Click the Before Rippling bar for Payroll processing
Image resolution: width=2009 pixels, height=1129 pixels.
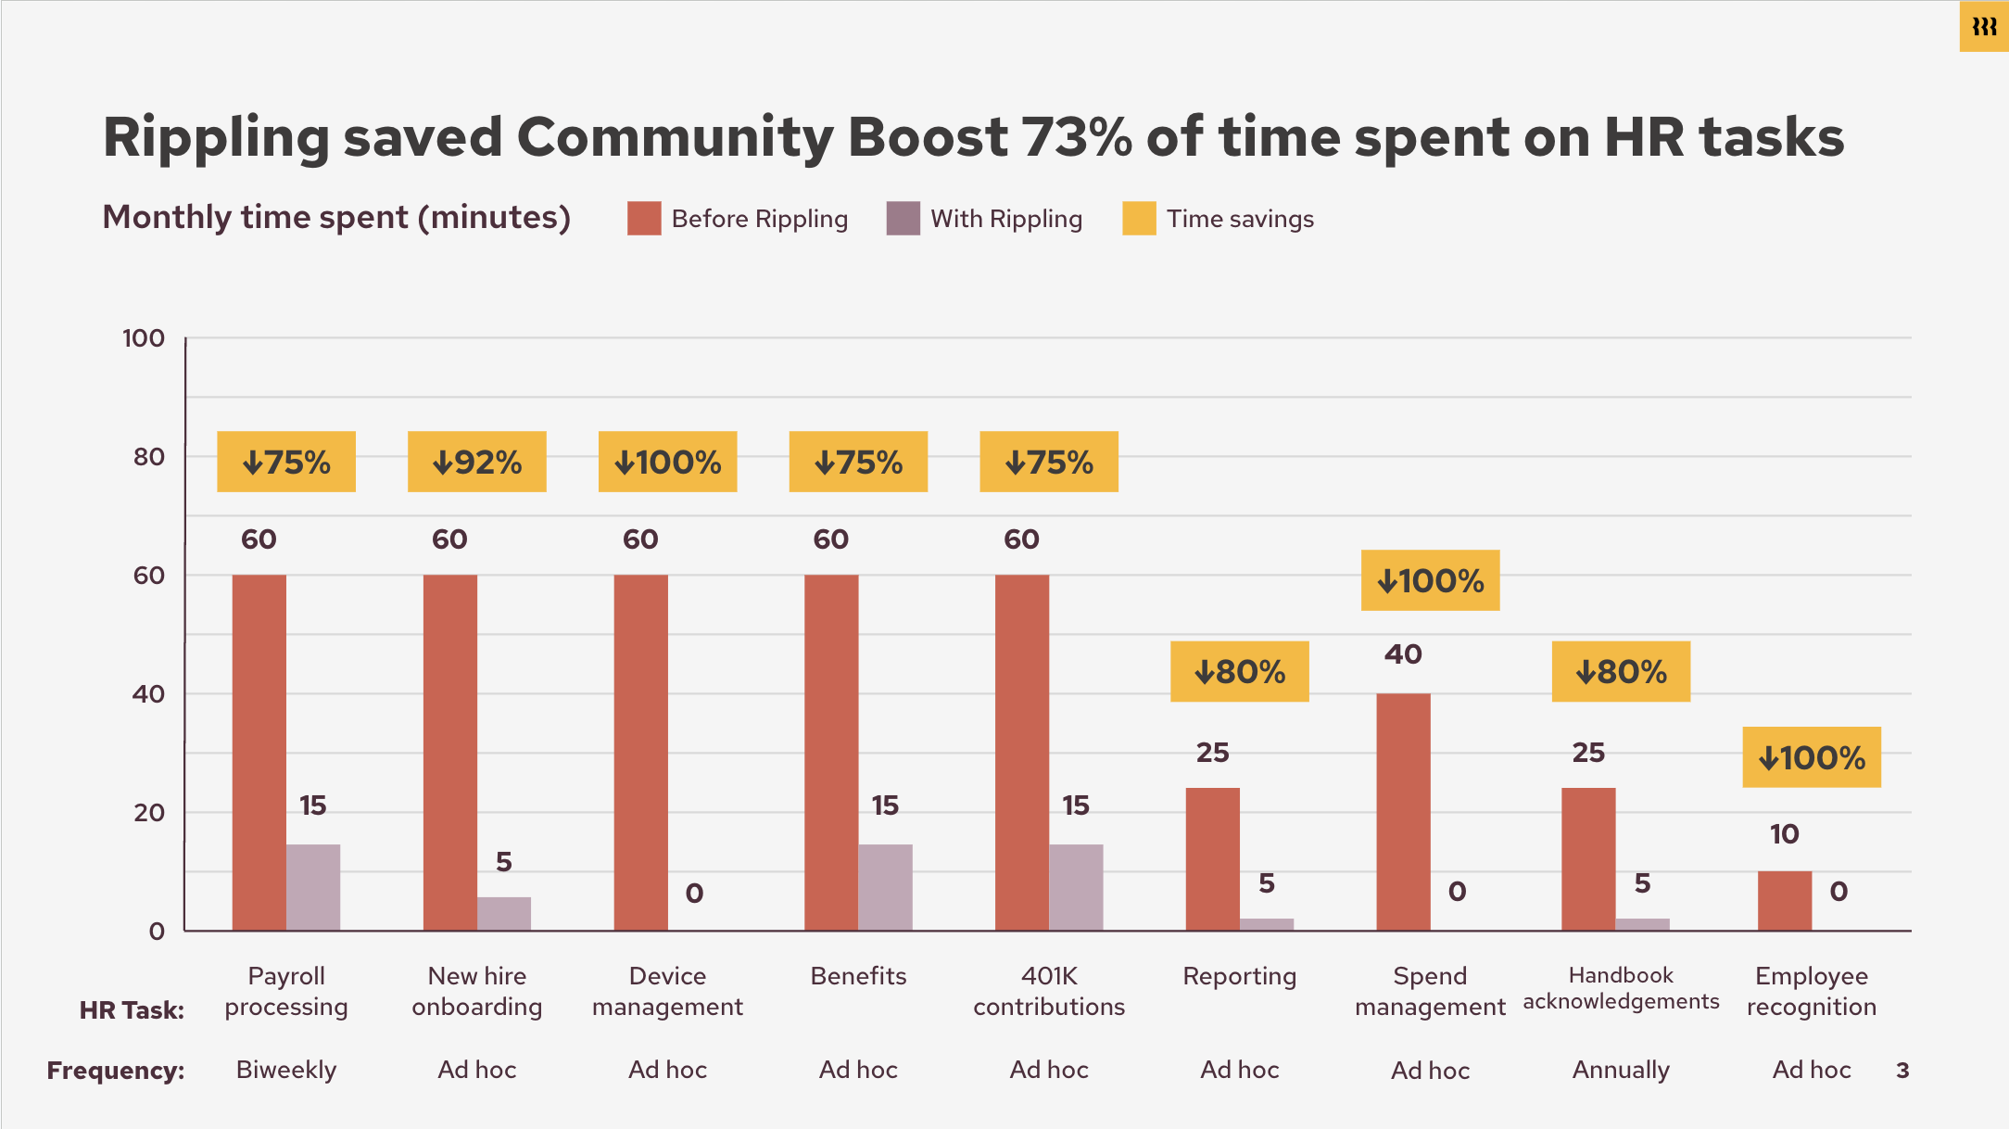(259, 752)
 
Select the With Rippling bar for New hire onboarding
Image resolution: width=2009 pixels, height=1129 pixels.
(504, 913)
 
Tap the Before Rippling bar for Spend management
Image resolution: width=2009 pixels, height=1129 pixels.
(1403, 811)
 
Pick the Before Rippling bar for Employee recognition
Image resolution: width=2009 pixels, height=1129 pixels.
(1784, 900)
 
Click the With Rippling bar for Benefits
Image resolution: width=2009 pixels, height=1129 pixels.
(885, 887)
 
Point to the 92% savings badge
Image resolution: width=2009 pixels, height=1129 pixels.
(476, 462)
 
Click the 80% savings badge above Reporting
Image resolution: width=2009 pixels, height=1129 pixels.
(1239, 671)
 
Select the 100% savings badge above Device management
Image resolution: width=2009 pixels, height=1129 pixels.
(667, 462)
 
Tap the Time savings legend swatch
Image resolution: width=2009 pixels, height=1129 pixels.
(1138, 219)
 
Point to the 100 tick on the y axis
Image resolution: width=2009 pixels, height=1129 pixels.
(144, 338)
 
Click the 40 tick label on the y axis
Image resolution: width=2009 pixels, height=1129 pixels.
(148, 694)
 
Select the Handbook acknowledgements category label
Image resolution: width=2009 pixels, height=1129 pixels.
(1621, 988)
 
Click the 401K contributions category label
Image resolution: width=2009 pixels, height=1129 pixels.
(1049, 991)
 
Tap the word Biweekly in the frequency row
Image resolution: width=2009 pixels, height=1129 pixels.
(286, 1070)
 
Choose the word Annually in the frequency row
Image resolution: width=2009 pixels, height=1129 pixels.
(1621, 1070)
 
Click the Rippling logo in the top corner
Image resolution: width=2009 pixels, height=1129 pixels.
(1984, 27)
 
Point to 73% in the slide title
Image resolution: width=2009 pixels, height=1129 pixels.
(1076, 137)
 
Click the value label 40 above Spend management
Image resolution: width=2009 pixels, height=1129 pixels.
(1403, 654)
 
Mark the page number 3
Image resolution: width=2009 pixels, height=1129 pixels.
(1902, 1071)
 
